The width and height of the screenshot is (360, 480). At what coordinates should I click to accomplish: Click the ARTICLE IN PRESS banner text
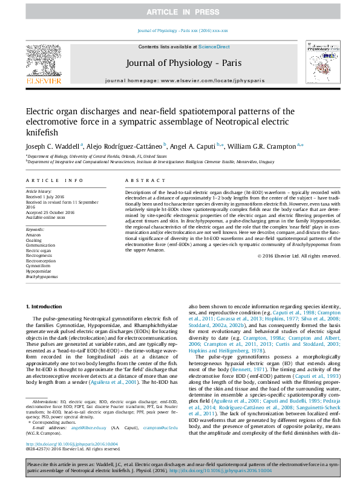[x=180, y=12]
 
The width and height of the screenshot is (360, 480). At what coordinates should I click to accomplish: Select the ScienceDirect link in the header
[x=212, y=47]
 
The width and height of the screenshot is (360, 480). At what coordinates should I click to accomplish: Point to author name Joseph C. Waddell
[x=51, y=146]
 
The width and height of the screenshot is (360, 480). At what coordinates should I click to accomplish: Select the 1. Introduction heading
[x=47, y=307]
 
